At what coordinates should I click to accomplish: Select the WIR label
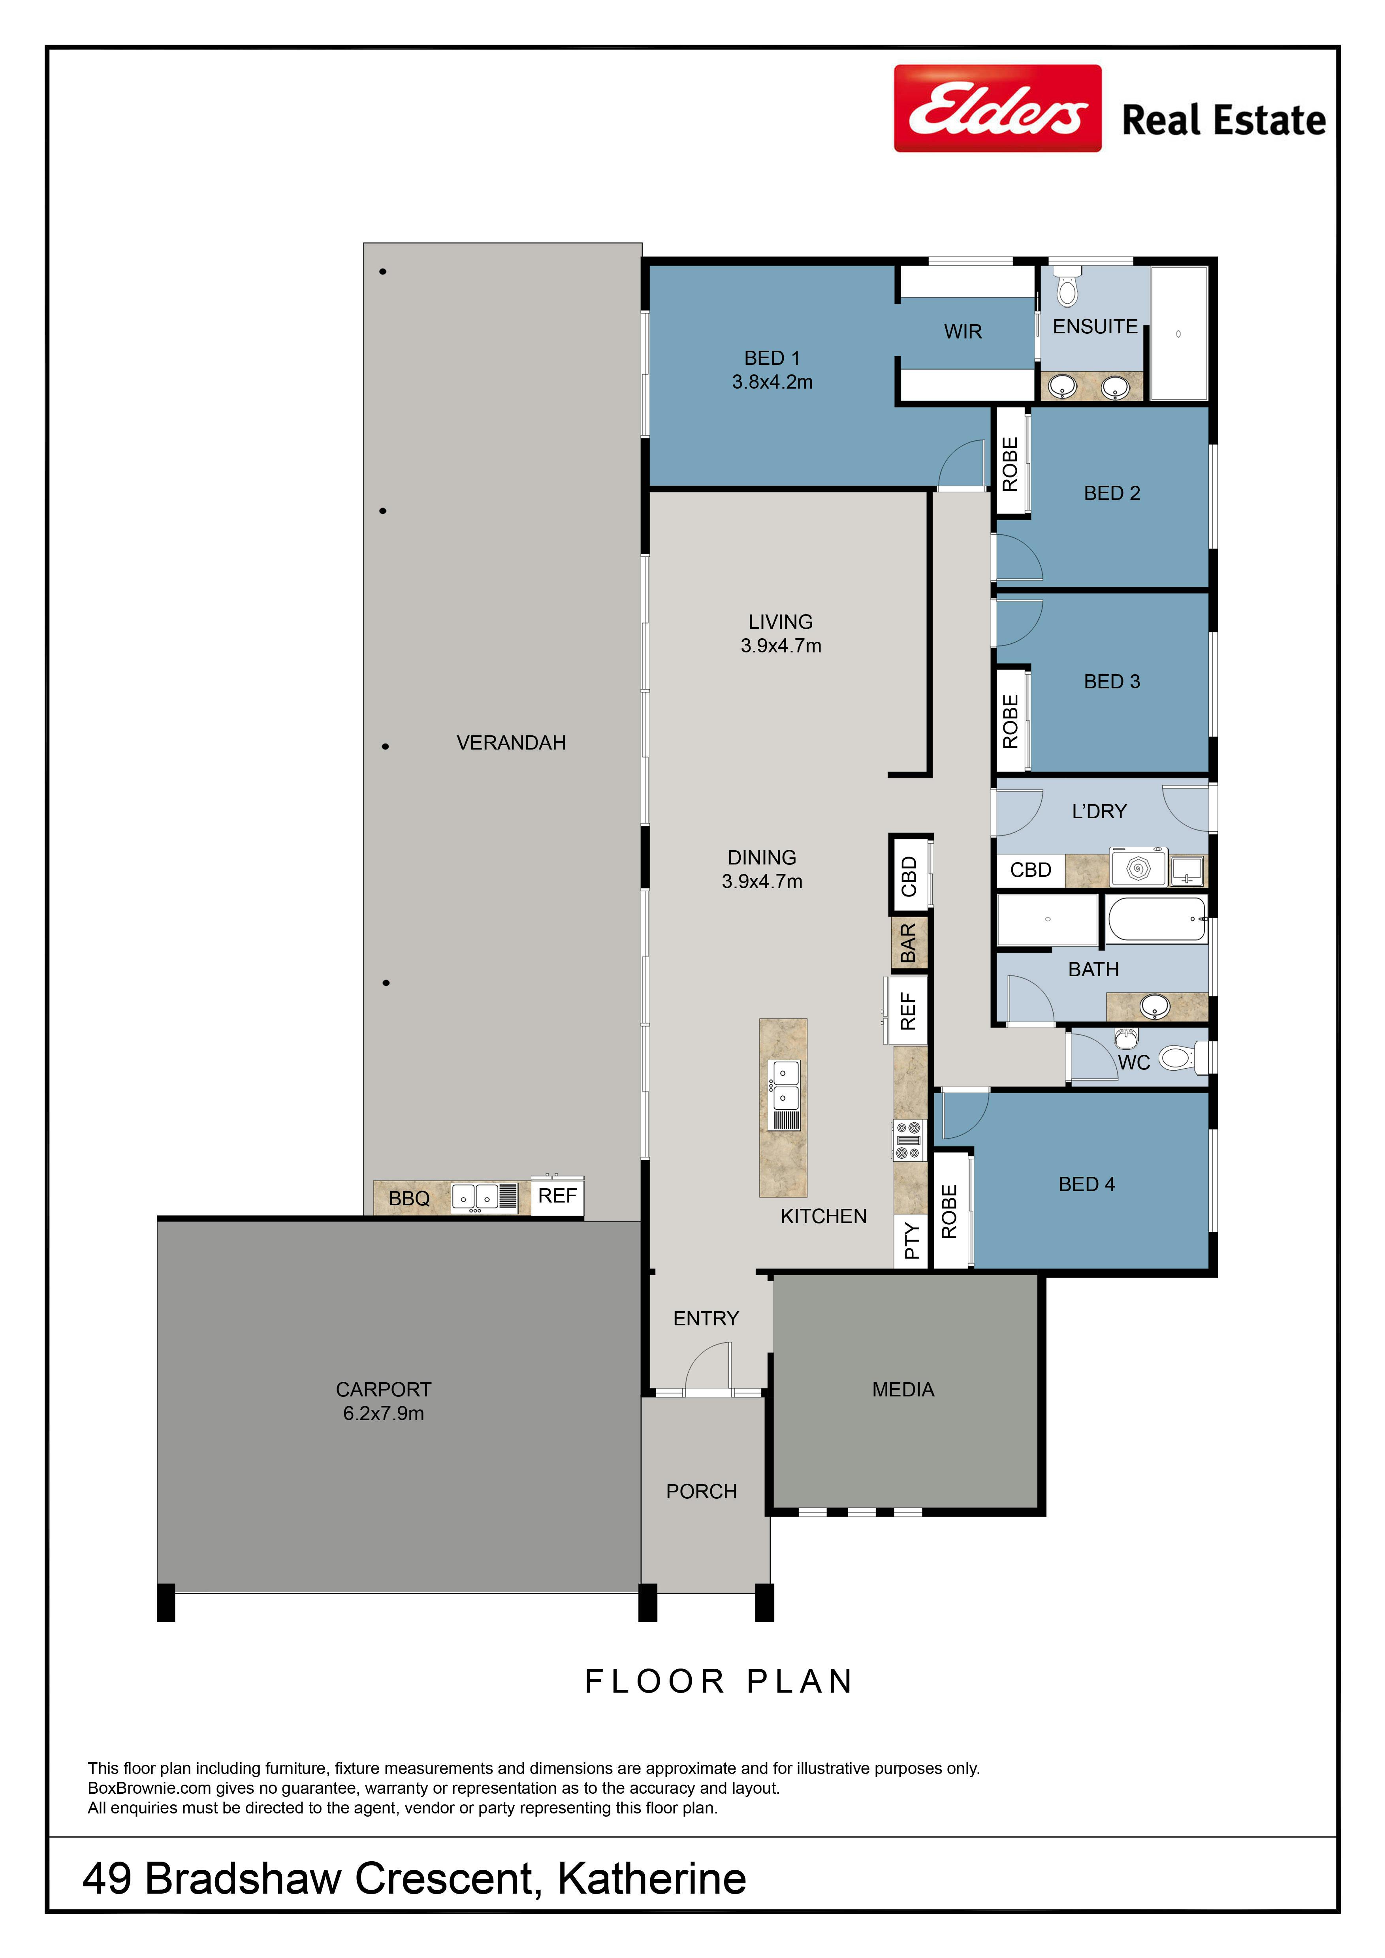963,332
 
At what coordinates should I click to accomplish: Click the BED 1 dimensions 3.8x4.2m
772,382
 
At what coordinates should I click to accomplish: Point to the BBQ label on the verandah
409,1198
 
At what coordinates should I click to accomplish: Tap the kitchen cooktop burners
908,1140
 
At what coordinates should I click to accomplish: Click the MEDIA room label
903,1389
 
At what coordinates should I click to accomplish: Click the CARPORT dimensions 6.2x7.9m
384,1413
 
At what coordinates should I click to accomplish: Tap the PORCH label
701,1492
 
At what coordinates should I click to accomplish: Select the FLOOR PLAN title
719,1681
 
